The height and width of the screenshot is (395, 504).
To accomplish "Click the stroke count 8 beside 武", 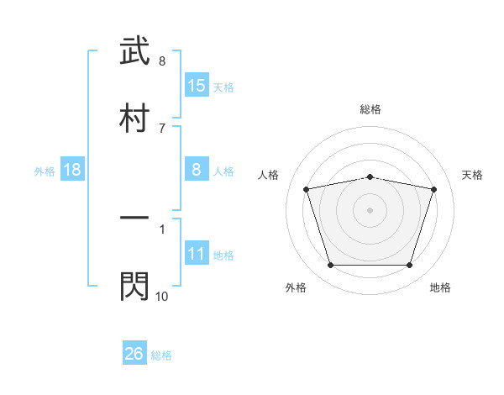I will (x=162, y=61).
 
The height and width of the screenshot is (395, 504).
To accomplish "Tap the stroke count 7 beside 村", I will (x=162, y=128).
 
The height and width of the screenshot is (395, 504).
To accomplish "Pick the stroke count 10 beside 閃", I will (x=162, y=296).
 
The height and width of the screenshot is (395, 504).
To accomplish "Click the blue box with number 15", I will (x=197, y=86).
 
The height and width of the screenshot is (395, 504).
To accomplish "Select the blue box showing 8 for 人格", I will (x=197, y=170).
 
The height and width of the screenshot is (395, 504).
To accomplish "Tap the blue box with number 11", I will (x=197, y=255).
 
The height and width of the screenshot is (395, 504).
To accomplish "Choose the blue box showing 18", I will (x=72, y=171).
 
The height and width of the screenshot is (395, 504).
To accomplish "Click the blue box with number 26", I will (x=134, y=355).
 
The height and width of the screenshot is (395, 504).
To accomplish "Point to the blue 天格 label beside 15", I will (x=223, y=87).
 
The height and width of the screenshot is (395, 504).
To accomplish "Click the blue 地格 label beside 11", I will (x=223, y=255).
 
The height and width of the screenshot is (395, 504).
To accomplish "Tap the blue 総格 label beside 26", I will (x=161, y=355).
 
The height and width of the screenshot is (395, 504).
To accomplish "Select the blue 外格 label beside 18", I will (x=45, y=171).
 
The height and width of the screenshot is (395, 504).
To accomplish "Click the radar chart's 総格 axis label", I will (x=370, y=109).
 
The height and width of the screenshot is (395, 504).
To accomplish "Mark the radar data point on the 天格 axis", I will (x=434, y=190).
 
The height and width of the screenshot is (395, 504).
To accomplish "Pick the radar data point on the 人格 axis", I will (x=307, y=190).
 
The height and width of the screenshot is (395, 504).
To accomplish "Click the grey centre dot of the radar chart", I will (x=370, y=210).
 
